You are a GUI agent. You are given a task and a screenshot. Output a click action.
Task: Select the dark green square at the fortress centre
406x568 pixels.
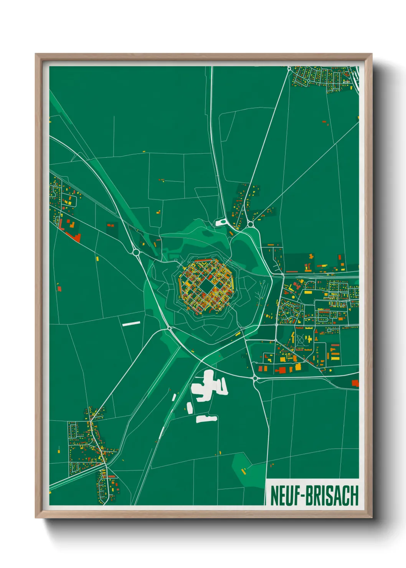click(206, 286)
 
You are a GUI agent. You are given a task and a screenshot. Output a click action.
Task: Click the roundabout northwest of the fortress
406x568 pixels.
click(136, 252)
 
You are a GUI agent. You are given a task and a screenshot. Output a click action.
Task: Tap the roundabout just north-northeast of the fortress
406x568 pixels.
click(250, 224)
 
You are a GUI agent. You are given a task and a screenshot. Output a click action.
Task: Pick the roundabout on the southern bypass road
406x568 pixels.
click(255, 378)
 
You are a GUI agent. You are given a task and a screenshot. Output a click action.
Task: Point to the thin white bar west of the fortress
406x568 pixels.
click(131, 324)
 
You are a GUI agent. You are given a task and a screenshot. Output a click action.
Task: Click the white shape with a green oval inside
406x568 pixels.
click(221, 222)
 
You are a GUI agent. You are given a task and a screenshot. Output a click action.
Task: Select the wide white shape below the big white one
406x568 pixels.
click(206, 418)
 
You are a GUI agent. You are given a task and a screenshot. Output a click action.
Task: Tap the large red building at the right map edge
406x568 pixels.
click(355, 383)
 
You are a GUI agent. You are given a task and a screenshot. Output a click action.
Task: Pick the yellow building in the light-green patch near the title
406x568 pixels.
click(243, 471)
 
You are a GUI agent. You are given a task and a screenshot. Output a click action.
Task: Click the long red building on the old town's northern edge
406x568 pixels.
click(203, 260)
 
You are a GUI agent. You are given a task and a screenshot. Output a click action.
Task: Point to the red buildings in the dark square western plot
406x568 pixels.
click(111, 225)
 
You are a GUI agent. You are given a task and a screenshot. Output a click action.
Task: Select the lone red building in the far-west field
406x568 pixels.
click(59, 288)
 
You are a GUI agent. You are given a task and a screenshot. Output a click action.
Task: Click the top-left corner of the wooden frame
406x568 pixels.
click(36, 54)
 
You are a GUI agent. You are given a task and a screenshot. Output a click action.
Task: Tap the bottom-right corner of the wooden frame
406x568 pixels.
click(371, 517)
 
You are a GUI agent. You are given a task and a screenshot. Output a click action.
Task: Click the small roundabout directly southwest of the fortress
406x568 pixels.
click(169, 328)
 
